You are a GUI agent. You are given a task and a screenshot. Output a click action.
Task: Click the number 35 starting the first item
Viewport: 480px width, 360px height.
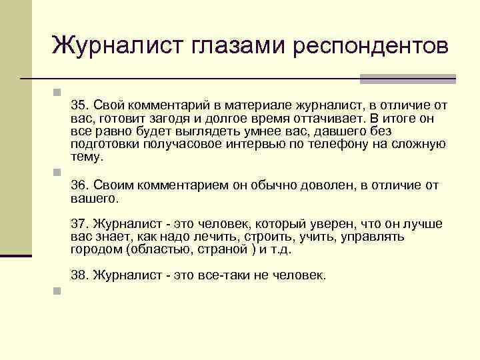(x=79, y=105)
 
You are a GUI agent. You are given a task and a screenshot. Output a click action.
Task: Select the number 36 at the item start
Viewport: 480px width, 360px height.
(x=79, y=185)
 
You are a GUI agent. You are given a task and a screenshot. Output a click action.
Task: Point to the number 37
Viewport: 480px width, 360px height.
(x=79, y=224)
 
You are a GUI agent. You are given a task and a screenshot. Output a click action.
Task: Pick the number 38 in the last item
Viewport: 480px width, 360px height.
(x=79, y=274)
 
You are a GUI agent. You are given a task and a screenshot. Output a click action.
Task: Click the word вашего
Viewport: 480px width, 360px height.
(x=93, y=198)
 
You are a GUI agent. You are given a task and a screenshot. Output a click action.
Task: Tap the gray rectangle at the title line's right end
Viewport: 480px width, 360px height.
(x=407, y=79)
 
